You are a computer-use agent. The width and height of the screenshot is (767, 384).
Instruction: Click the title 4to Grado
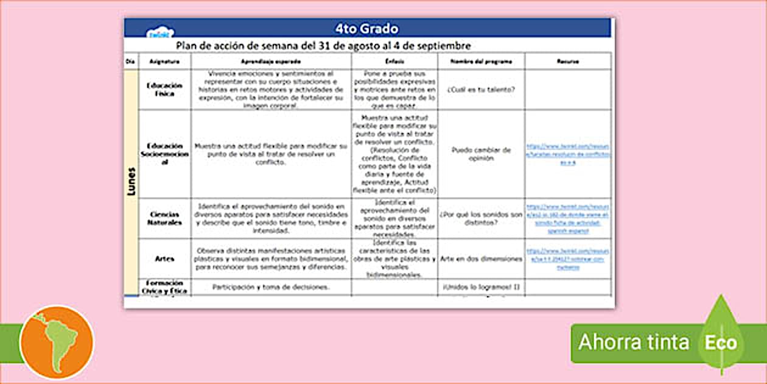[366, 29]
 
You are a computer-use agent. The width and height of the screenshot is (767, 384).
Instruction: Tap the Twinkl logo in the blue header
[161, 32]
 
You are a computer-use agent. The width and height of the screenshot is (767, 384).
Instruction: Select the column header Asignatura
[164, 62]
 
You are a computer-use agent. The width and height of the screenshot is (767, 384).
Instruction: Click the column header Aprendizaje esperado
[271, 62]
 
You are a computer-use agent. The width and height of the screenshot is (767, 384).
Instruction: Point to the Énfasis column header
[394, 62]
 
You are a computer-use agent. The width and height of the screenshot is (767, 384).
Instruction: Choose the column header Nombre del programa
[481, 62]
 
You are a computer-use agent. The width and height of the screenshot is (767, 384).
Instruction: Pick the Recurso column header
[567, 62]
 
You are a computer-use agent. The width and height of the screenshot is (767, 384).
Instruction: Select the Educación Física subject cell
[164, 90]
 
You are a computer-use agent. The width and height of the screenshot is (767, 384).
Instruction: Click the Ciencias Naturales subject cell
[164, 218]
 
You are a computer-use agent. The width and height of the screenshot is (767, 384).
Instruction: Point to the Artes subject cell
[164, 259]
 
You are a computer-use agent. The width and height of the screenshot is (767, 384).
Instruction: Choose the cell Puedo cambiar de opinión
[481, 154]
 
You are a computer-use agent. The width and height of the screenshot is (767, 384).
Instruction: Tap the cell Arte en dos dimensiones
[481, 259]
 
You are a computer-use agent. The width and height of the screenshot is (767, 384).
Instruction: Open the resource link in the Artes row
[567, 259]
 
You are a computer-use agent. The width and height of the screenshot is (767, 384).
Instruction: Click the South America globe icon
[57, 343]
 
